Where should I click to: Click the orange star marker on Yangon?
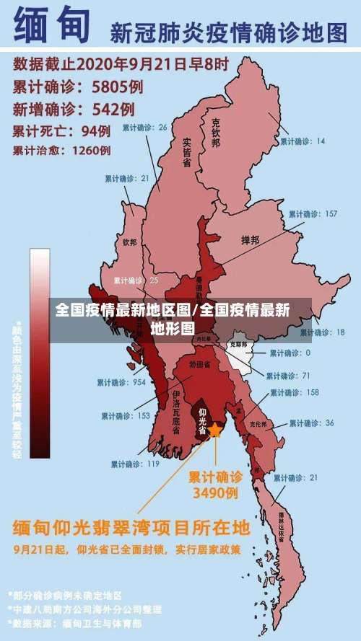[215, 430]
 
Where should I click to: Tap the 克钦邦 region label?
[214, 134]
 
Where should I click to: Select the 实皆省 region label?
[186, 152]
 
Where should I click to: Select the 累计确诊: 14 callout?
[303, 141]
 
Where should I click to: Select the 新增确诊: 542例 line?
[74, 110]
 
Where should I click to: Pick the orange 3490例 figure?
[214, 494]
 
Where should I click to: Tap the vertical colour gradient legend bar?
[40, 353]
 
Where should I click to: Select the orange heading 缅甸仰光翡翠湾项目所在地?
[130, 527]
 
